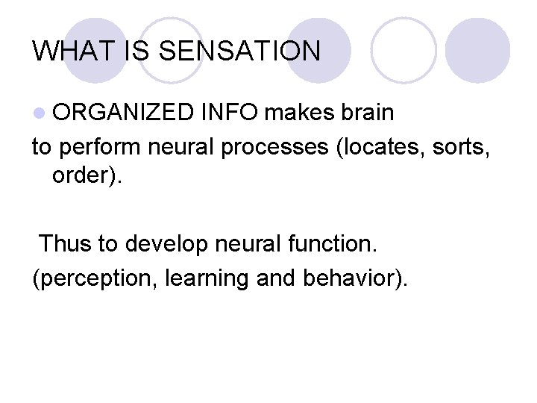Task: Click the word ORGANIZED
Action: (x=123, y=113)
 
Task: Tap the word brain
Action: (x=366, y=113)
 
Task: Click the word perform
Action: (x=101, y=147)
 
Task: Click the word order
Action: (x=81, y=180)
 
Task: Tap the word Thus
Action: (x=66, y=243)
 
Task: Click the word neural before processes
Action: (x=180, y=147)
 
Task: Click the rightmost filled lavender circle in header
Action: (x=478, y=51)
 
